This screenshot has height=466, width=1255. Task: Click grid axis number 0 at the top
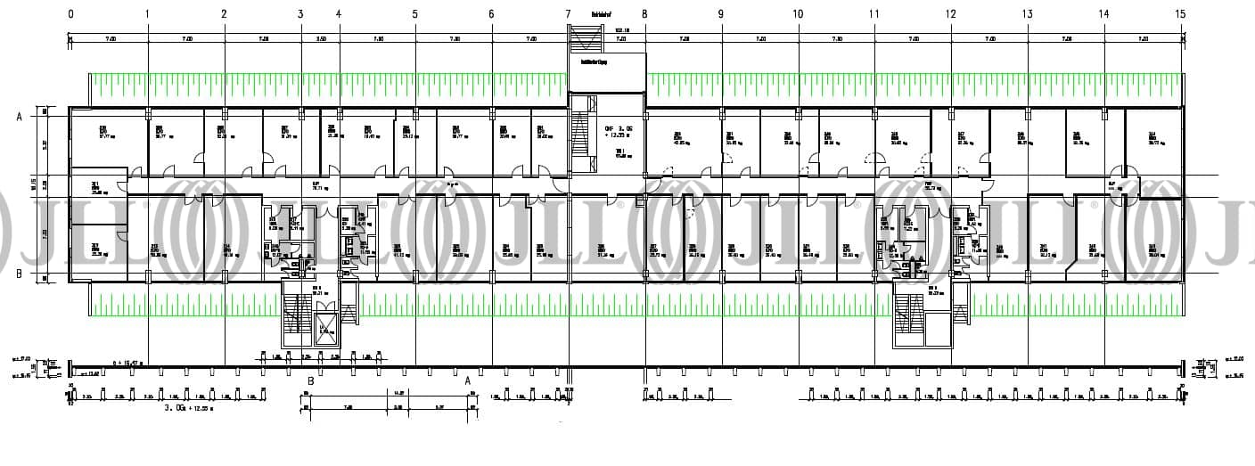(70, 14)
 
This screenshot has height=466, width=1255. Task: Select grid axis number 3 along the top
(300, 14)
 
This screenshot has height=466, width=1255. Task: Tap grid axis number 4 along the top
(339, 14)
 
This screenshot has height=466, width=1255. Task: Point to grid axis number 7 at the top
(568, 14)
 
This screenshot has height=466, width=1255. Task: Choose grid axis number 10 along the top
(798, 14)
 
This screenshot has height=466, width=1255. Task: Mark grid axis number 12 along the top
(951, 14)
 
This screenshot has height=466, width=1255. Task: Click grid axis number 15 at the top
(1181, 14)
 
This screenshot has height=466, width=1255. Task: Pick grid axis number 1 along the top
(147, 14)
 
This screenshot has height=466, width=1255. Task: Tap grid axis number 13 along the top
(1028, 14)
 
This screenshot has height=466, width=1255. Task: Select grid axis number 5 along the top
(414, 14)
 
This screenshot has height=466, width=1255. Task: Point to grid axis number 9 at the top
(721, 14)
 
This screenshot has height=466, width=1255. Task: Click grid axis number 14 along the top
(1104, 14)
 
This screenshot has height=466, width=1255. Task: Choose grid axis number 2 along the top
(224, 14)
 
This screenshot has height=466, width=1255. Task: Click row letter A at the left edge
(19, 117)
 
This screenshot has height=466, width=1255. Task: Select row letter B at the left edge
(19, 274)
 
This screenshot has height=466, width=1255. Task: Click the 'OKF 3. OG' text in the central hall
(619, 127)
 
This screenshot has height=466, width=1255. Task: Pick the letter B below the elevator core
(310, 380)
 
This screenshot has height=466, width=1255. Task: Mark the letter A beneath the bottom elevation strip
(467, 380)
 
